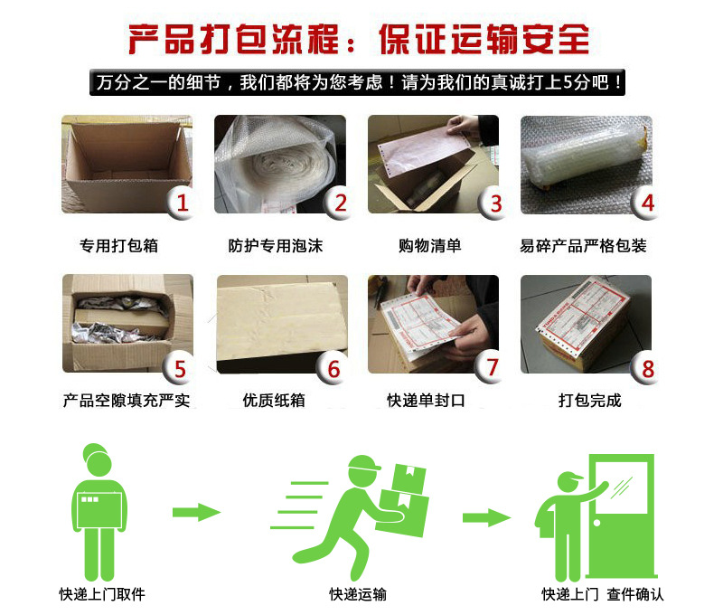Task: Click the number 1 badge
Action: (x=182, y=203)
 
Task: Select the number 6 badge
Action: (x=333, y=369)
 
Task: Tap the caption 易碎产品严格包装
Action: (x=584, y=245)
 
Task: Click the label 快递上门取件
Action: (x=102, y=594)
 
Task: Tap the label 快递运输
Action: (x=358, y=594)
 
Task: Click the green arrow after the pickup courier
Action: (x=196, y=513)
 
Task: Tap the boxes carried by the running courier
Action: (x=403, y=493)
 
